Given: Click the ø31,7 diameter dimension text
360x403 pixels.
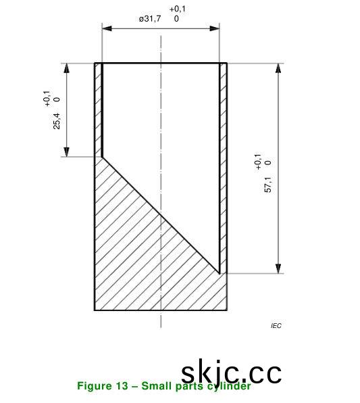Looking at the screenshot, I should tap(150, 19).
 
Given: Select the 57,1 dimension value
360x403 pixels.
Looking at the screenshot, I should tap(267, 185).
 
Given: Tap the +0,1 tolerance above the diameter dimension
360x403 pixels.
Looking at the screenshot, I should tap(178, 9).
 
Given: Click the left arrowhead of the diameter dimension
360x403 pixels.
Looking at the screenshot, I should tap(107, 28).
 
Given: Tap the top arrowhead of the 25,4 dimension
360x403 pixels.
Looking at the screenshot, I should tap(67, 68).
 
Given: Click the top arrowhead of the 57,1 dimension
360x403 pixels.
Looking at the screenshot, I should tap(278, 68).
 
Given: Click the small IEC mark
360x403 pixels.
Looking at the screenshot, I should tap(276, 326).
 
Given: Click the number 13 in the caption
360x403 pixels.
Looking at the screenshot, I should tap(122, 386).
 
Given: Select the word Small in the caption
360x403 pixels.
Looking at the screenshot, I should tap(155, 386).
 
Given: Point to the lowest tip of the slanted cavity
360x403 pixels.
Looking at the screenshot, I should tap(220, 272).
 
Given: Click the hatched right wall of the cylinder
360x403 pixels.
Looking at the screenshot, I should tap(223, 162).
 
